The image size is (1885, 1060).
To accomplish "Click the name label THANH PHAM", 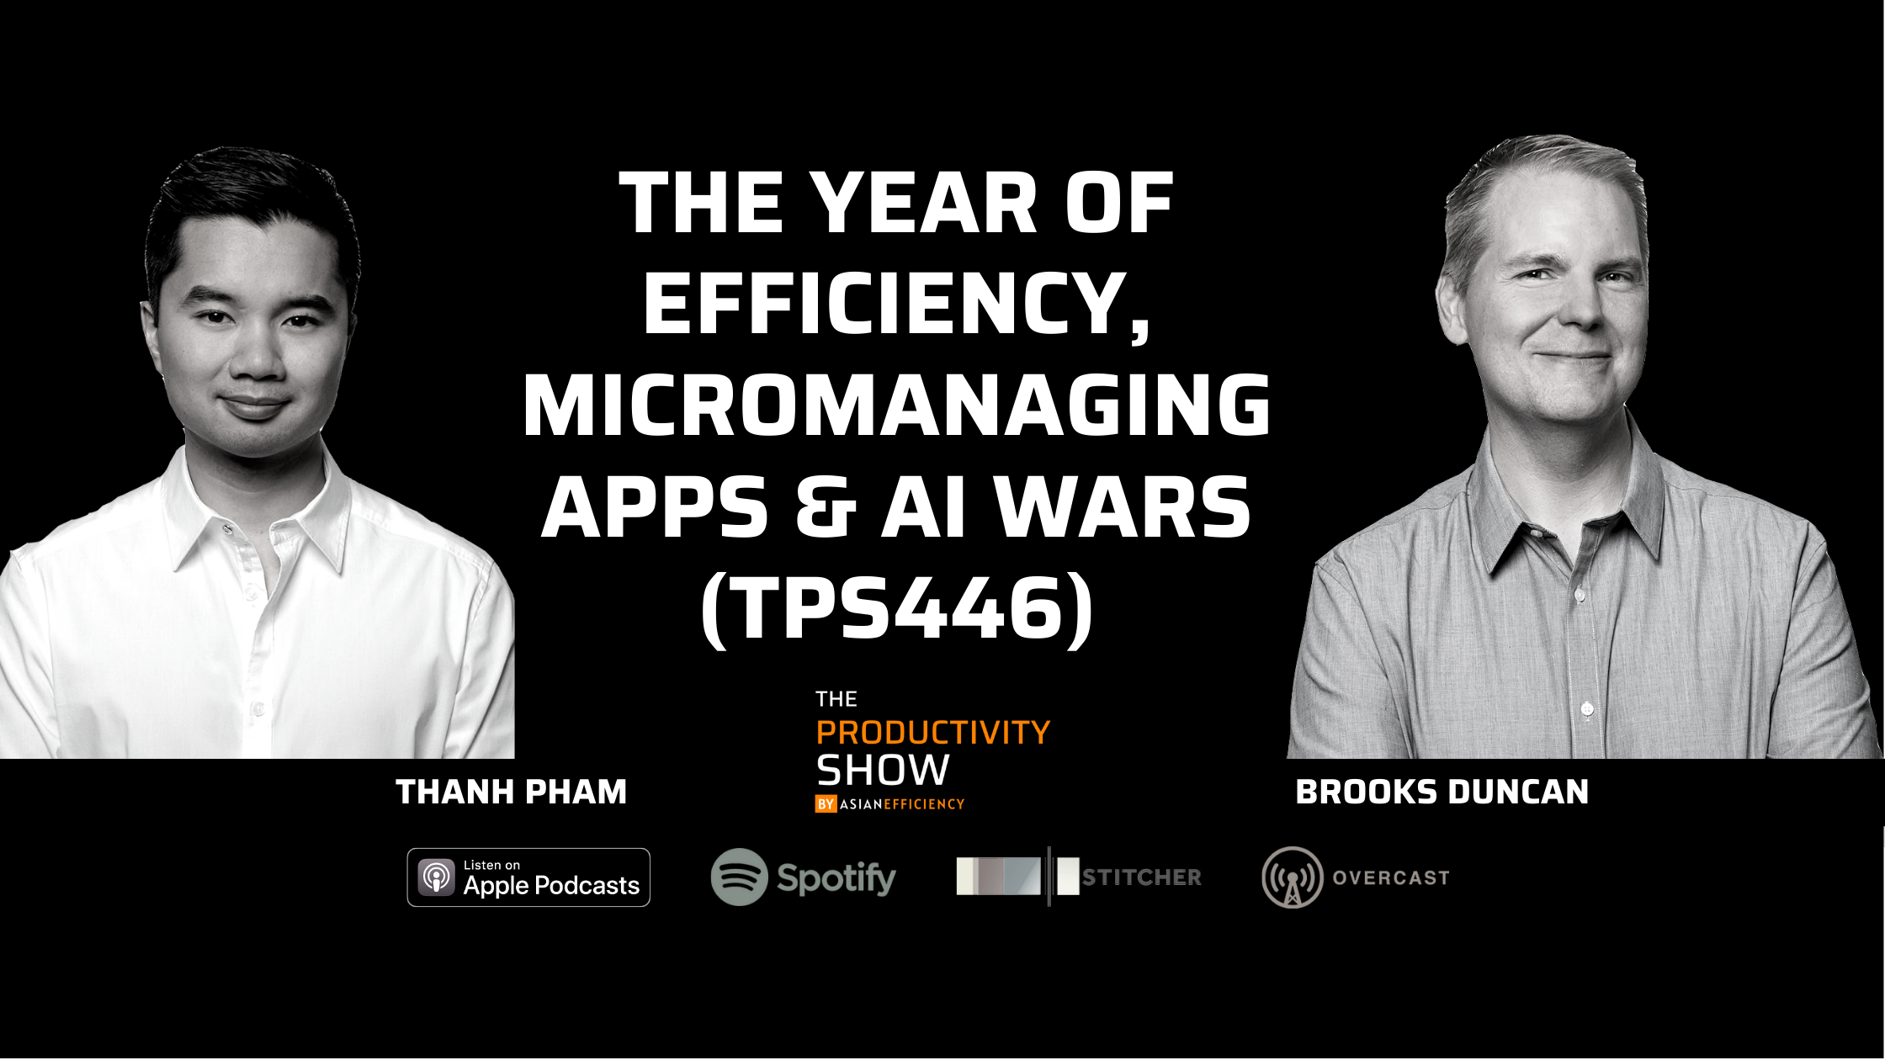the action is (x=512, y=792).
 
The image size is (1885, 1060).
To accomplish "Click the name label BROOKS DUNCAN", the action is (x=1442, y=792).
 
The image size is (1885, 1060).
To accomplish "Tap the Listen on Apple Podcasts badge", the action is (x=528, y=877).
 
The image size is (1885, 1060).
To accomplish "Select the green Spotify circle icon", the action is (x=739, y=877).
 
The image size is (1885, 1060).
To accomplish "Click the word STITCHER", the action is (x=1142, y=877).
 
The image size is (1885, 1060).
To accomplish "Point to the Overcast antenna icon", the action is (x=1292, y=877).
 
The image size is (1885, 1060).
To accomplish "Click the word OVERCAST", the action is (x=1391, y=877).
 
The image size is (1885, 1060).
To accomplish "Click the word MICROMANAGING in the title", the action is (x=896, y=405).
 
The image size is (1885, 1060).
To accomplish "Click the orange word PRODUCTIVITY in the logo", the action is (x=933, y=733).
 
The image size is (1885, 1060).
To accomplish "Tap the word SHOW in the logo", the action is (x=883, y=771).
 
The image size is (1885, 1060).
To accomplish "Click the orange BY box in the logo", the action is (x=826, y=804).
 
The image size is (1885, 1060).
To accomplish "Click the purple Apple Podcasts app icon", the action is (x=436, y=877).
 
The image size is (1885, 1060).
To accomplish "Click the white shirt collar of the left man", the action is (x=252, y=505).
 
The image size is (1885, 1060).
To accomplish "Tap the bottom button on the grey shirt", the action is (x=1587, y=709).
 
